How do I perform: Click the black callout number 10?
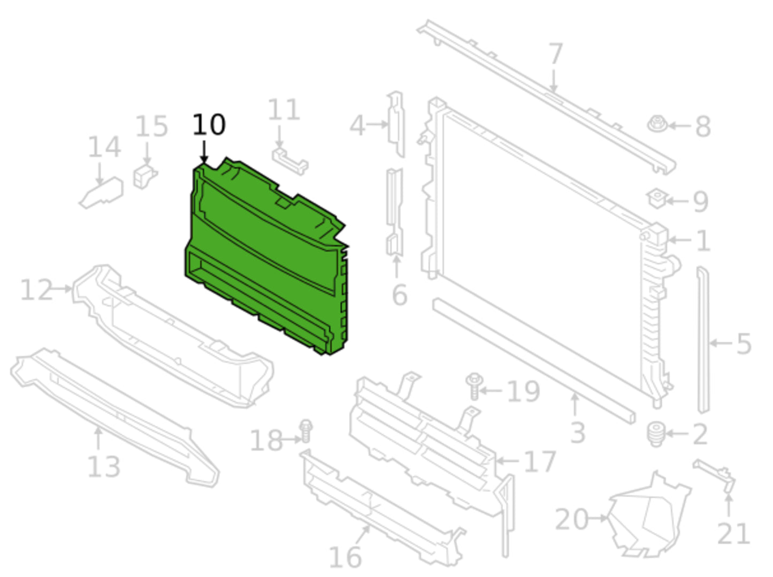(209, 125)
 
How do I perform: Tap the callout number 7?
(556, 54)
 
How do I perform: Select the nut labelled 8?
(657, 124)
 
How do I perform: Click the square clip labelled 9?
(657, 199)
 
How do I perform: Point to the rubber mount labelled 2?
(656, 434)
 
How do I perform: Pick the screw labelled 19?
(474, 386)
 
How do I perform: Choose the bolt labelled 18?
(305, 431)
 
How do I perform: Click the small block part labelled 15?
(144, 176)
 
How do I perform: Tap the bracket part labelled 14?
(102, 193)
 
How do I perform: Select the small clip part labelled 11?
(290, 162)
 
